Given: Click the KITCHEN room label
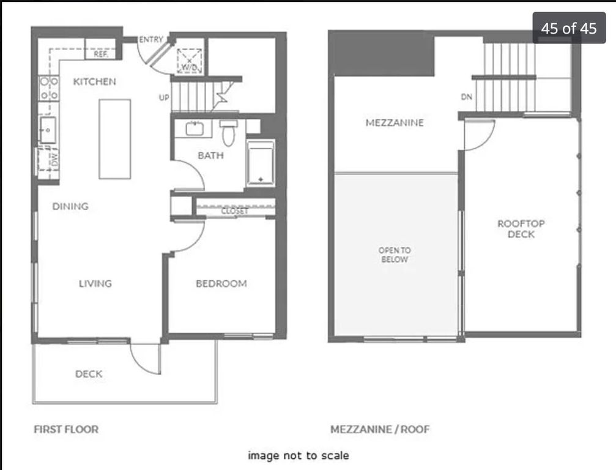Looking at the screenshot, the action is coord(95,82).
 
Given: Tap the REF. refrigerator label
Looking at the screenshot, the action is coord(101,54).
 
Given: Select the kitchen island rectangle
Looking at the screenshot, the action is coord(115,139).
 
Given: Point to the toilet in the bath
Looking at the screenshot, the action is coord(228,132).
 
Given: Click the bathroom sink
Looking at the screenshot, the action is coord(194,129).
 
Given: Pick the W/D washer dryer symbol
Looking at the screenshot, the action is coord(190,61).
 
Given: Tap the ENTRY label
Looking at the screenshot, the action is coord(151,39).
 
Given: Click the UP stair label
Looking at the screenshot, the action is coord(164,97).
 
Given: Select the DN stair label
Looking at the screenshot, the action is coord(466,97).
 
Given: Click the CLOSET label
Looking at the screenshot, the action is coord(234,211).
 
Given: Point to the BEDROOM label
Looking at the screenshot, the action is coord(221,283).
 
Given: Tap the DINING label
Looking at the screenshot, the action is coord(70,206).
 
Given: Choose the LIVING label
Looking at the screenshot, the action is coord(95,283).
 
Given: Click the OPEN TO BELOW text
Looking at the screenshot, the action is coord(395,255).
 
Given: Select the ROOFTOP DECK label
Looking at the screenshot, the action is coord(521,229).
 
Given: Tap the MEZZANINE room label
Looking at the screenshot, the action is coord(395,122).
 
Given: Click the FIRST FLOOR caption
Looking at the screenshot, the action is coord(66,429).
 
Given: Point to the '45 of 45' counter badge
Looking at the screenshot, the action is coord(569,28).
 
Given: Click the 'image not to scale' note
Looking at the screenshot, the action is coord(298,455).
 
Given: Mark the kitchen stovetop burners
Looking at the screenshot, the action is coord(49,88).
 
